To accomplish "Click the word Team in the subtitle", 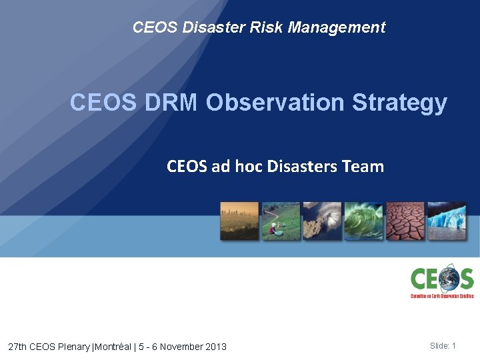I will (365, 166).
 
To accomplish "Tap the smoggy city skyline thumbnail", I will (239, 221).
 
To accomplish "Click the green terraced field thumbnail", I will (281, 221).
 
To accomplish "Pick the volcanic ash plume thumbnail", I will (322, 221).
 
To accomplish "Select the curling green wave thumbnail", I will (363, 221).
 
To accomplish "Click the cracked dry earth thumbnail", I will (405, 221).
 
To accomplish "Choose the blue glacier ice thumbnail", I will (446, 221).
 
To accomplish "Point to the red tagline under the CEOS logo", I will (442, 295).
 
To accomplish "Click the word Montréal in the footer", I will (115, 347).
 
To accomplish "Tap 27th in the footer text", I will (18, 347).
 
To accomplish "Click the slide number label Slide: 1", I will (443, 345).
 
